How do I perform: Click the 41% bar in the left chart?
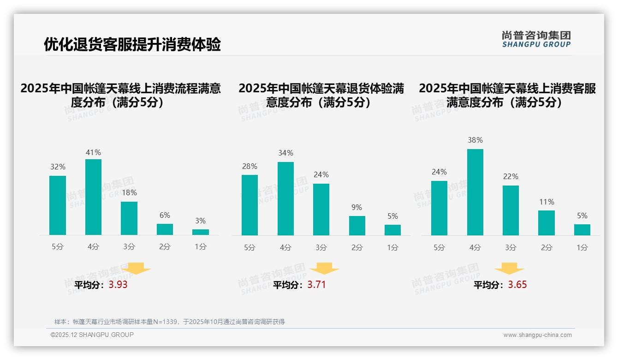point(93,197)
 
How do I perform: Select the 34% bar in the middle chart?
point(285,198)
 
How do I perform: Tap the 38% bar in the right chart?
point(475,192)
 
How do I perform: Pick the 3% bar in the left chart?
point(200,232)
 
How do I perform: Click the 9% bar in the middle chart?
point(357,226)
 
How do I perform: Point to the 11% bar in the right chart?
point(547,223)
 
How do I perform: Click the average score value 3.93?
point(118,285)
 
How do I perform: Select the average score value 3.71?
point(316,285)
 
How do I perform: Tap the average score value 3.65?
point(517,285)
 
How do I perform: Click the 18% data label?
point(129,193)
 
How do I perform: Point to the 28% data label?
point(250,167)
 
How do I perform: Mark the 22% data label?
point(511,177)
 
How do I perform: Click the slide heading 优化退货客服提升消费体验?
point(132,45)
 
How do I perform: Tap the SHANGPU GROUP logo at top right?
point(536,39)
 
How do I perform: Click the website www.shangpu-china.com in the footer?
point(537,335)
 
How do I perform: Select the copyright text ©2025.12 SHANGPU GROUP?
point(92,335)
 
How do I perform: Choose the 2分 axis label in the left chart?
point(165,247)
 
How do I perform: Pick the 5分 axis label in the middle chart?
point(250,248)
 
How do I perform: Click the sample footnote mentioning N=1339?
point(169,322)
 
